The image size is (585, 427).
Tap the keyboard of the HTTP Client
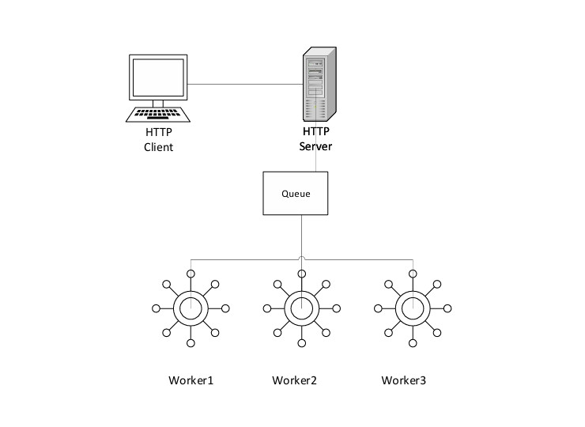[158, 115]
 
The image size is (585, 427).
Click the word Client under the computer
[158, 147]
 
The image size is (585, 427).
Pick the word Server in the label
[315, 147]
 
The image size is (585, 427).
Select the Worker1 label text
[191, 380]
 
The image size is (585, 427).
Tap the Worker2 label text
[294, 380]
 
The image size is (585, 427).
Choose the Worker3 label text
[403, 380]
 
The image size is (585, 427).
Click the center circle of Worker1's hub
[191, 308]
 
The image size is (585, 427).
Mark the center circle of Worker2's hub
[301, 308]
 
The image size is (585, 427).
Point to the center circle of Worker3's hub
[412, 308]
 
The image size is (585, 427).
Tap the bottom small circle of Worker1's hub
[191, 344]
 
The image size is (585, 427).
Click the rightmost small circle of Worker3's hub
[447, 308]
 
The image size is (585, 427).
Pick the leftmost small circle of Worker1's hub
[155, 308]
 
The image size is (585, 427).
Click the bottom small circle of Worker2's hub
[301, 344]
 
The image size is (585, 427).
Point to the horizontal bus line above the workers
[245, 259]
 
